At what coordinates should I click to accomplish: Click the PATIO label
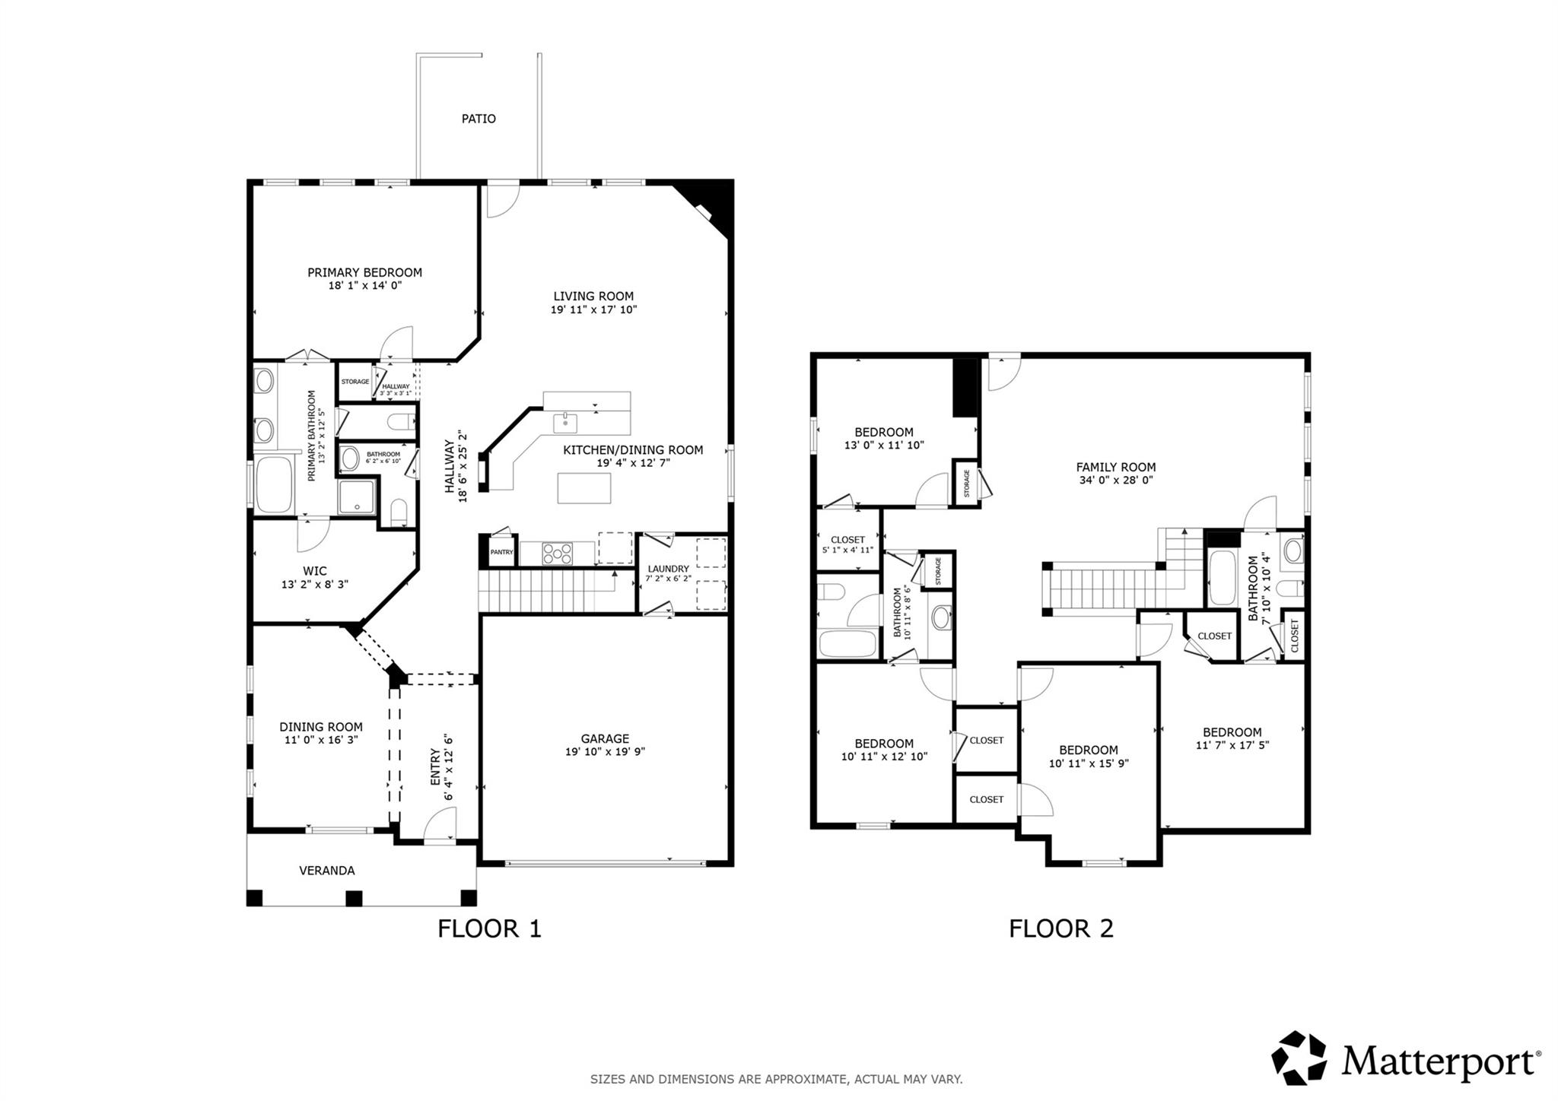tap(479, 119)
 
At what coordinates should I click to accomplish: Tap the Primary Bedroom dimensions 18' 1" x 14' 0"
tap(364, 286)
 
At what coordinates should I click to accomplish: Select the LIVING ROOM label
tap(593, 297)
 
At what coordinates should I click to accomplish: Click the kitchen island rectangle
tap(583, 488)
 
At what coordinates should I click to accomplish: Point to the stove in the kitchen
tap(557, 554)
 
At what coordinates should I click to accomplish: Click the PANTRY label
tap(501, 552)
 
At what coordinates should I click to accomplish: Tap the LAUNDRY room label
tap(668, 569)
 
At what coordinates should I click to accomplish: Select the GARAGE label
tap(605, 738)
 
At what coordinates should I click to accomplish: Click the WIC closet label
tap(314, 571)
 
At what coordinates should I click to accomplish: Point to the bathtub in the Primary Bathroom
tap(274, 484)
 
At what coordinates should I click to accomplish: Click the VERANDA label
tap(326, 871)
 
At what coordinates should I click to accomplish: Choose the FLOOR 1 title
tap(489, 928)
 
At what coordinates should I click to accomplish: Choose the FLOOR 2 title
tap(1060, 928)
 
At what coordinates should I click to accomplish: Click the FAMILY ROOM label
tap(1115, 468)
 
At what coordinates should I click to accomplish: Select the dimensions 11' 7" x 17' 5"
tap(1232, 746)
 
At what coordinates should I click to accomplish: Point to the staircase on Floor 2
tap(1103, 586)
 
